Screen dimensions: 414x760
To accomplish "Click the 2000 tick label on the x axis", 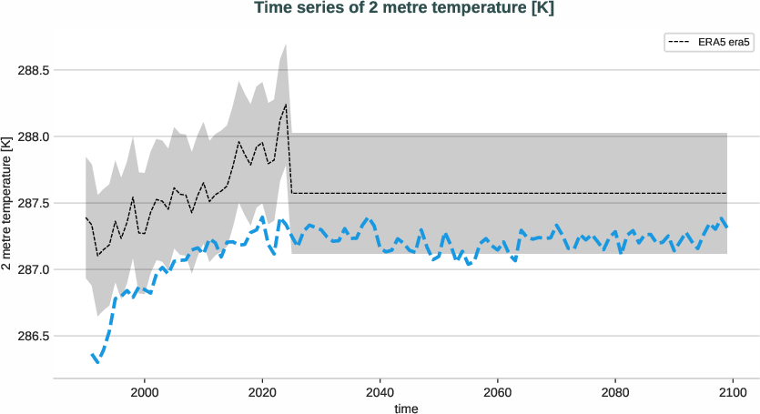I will (145, 392).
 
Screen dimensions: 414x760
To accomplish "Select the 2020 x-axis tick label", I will (262, 392).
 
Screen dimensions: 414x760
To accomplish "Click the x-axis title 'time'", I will (407, 409).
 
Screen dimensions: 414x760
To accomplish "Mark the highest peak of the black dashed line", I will (286, 105).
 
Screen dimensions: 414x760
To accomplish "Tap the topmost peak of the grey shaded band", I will (286, 44).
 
